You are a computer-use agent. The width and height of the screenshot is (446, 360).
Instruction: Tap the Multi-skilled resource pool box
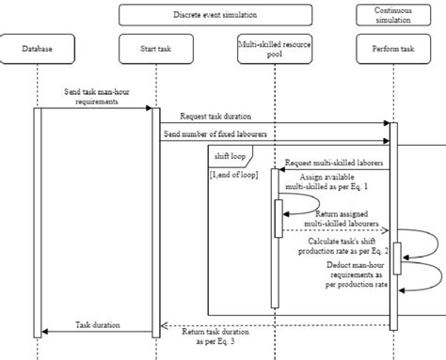(x=274, y=49)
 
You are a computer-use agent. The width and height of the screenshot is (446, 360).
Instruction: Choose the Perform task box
(x=393, y=49)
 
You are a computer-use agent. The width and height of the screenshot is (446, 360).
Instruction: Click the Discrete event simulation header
(x=215, y=15)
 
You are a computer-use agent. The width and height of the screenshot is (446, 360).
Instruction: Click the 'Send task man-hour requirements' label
(x=92, y=97)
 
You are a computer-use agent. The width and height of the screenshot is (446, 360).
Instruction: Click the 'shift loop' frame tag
(x=231, y=155)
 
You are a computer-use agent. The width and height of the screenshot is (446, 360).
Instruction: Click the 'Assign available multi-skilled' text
(x=335, y=182)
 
